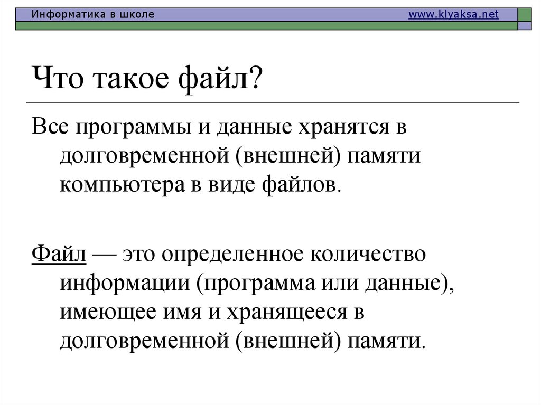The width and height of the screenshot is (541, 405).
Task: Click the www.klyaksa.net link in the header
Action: pyautogui.click(x=453, y=15)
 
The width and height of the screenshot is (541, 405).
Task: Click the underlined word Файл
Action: pyautogui.click(x=59, y=254)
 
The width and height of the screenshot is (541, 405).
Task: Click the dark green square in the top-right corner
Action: pyautogui.click(x=525, y=15)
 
